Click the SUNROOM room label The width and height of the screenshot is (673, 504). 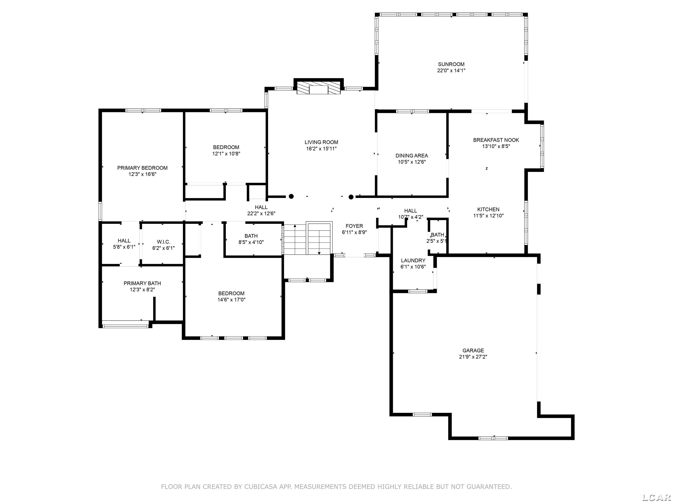click(451, 64)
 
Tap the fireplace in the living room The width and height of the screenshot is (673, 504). click(319, 87)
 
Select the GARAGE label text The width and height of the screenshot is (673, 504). click(473, 350)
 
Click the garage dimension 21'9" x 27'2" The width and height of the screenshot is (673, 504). click(473, 357)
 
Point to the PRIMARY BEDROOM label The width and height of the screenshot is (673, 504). click(142, 168)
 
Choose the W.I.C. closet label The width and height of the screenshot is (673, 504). click(163, 242)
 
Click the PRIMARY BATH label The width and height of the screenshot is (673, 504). click(142, 283)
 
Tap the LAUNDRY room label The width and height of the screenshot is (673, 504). click(413, 260)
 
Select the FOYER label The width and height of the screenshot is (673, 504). click(354, 226)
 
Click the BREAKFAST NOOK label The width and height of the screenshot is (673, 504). click(496, 140)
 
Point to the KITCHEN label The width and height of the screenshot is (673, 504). click(488, 209)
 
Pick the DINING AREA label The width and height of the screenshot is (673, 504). click(412, 156)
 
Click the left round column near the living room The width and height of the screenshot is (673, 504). click(291, 196)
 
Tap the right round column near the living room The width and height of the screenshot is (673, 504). click(351, 197)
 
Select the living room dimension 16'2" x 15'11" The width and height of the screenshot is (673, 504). click(321, 149)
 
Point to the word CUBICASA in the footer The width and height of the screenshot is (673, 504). click(261, 487)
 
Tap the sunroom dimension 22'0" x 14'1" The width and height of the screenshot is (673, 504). click(451, 70)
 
